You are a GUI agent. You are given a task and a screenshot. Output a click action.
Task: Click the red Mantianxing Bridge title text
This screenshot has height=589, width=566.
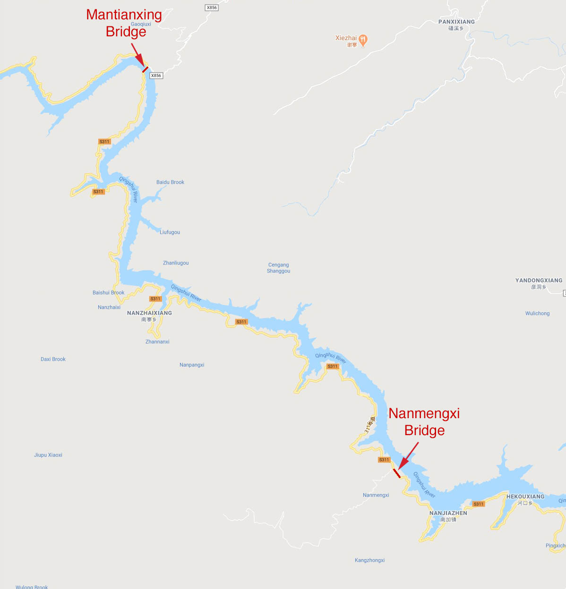point(124,23)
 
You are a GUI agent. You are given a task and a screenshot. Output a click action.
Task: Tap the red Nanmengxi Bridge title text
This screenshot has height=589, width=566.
point(424,421)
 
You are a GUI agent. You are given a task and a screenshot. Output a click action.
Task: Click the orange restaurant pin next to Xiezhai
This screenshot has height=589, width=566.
point(363,40)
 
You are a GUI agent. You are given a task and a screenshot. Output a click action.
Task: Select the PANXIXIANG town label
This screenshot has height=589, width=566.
point(456,22)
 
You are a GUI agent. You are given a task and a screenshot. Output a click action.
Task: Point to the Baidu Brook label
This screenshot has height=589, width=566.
point(170,182)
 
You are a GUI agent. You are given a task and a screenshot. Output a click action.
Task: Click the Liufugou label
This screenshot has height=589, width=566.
point(170,232)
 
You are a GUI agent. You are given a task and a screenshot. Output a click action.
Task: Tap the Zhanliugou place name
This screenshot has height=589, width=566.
point(176,263)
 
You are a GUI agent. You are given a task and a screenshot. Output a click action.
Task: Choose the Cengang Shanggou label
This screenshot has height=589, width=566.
point(279,268)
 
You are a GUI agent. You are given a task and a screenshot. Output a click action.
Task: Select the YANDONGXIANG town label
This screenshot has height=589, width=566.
point(539,280)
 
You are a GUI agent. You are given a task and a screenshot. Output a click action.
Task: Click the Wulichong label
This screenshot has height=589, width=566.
point(537,313)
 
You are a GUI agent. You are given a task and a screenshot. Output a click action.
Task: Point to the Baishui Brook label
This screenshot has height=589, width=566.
point(108,293)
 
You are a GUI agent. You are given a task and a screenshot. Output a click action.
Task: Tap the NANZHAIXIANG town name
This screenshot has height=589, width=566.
point(149,313)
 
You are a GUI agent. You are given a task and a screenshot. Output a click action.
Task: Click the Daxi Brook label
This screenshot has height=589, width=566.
point(53,359)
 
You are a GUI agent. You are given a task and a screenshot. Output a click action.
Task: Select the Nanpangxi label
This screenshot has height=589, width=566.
point(192,365)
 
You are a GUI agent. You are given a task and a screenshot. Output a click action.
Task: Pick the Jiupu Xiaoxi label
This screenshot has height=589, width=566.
point(48,455)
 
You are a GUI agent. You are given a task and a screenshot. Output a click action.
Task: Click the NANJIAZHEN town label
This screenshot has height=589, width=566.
point(448,513)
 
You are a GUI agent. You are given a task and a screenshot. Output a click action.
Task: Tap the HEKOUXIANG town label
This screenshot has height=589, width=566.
point(525,496)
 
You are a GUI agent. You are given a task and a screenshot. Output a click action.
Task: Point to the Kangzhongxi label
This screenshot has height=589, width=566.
point(369,560)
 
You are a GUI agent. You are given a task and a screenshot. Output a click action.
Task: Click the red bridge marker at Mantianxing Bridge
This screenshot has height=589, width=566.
point(145,69)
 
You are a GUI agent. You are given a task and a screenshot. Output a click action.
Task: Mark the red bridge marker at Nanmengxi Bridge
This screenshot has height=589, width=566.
point(397,473)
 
